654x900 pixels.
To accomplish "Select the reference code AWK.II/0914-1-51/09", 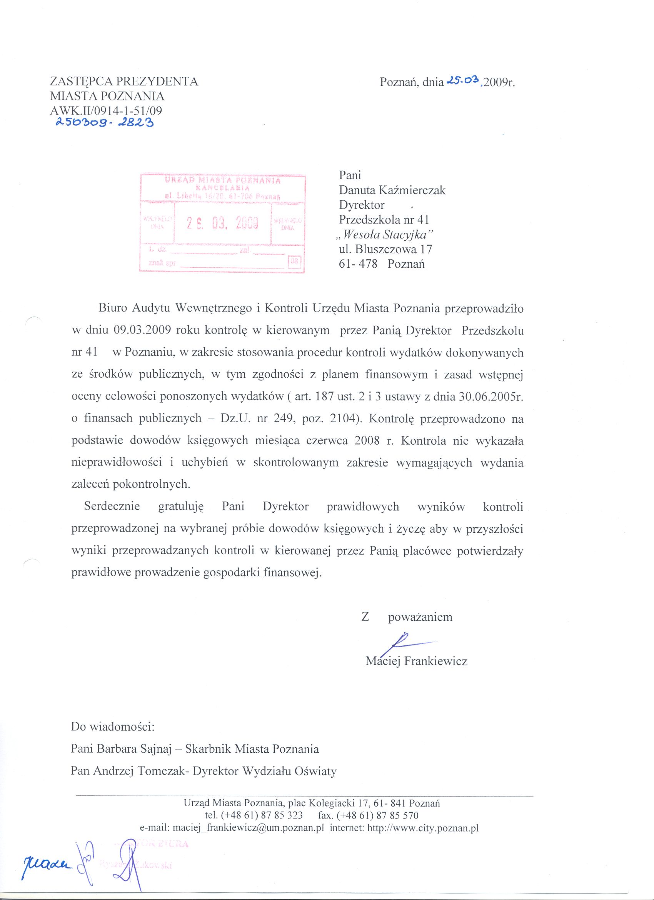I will click(x=106, y=111).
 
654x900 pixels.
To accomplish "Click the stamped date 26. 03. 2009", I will click(x=223, y=224).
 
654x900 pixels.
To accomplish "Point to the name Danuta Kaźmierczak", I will click(x=392, y=190).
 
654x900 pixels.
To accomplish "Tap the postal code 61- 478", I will click(x=358, y=264).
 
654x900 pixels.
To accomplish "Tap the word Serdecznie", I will click(x=112, y=507).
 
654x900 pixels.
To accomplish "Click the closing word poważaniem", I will click(x=420, y=617).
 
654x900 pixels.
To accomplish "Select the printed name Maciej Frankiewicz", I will click(x=416, y=661).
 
